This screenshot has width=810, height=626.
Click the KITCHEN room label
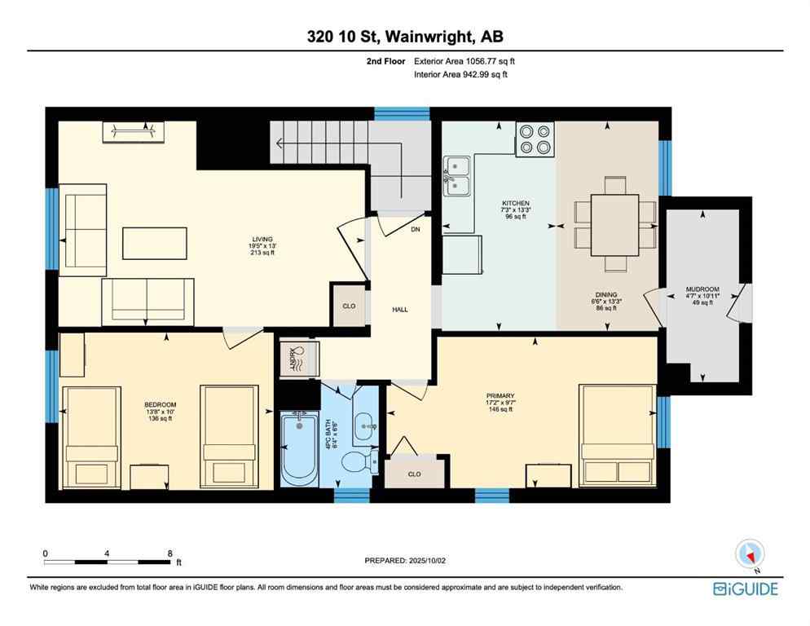coord(516,203)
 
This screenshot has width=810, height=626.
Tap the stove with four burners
coord(535,139)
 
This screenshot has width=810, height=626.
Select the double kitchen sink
coord(457,177)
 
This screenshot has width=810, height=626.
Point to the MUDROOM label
coord(702,289)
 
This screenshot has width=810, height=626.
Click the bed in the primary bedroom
coord(617,436)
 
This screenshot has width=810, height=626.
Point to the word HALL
coord(399,310)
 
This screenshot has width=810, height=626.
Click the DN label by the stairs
coord(415,230)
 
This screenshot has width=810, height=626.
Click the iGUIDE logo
coord(745,589)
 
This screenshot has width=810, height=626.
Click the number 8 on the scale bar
coord(169,553)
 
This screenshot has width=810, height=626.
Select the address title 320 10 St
coord(404,37)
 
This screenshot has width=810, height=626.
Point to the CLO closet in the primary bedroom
coord(414,474)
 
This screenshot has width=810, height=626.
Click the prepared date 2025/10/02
coord(405,561)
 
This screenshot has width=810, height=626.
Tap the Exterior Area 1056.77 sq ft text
coord(464,61)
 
